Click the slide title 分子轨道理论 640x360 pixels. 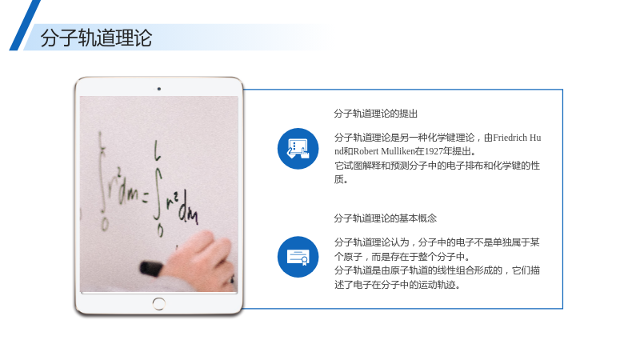click(x=96, y=38)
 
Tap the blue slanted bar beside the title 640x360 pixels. click(x=25, y=26)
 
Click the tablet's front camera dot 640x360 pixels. click(x=158, y=89)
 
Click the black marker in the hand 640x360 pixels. click(x=151, y=269)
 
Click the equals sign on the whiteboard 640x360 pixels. click(x=145, y=198)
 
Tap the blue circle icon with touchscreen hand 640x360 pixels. click(x=298, y=149)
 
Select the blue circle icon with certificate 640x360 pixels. click(x=298, y=257)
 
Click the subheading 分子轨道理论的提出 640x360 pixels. click(x=375, y=114)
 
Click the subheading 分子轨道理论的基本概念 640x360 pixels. click(x=385, y=218)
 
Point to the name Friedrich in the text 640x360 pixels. click(x=510, y=138)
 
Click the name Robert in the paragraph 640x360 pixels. click(x=366, y=151)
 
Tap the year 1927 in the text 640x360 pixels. click(x=434, y=151)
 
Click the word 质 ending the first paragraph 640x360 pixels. click(x=339, y=179)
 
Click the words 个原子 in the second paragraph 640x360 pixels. click(x=348, y=257)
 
